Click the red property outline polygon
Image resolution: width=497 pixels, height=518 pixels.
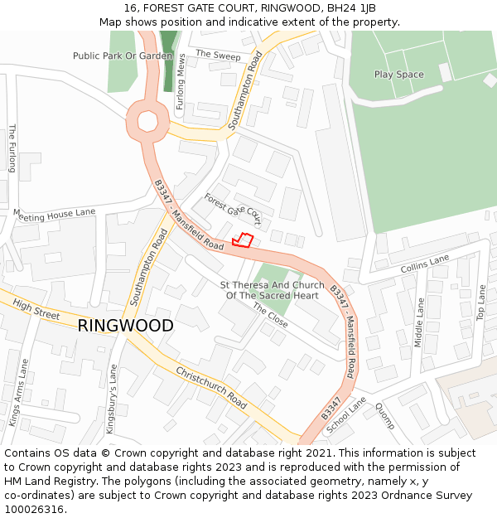point(242,240)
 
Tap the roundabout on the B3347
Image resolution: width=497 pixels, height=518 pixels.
point(147,122)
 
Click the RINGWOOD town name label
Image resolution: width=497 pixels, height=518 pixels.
point(126,326)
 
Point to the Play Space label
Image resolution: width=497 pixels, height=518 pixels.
point(398,75)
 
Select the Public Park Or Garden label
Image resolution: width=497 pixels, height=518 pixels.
point(123,56)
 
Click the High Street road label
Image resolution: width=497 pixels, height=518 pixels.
point(36,310)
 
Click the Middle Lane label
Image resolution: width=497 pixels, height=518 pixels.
point(419,322)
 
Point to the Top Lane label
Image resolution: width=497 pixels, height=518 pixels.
point(481,303)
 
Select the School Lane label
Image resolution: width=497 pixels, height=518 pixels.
point(345,415)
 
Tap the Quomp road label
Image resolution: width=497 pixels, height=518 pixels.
point(384,415)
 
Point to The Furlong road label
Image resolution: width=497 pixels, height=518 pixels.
point(12,148)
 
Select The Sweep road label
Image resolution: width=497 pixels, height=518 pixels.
point(218,56)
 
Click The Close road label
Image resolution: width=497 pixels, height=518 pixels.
point(270,315)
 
